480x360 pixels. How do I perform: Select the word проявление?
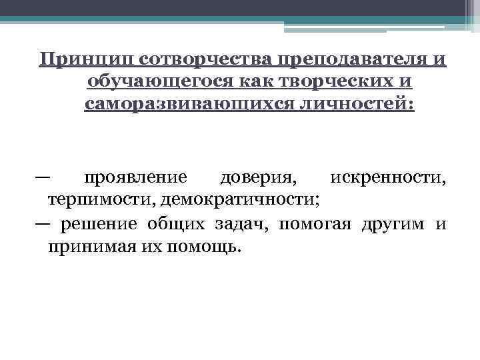[135, 178]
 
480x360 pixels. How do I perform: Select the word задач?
[243, 223]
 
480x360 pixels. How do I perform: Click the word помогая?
[315, 223]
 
